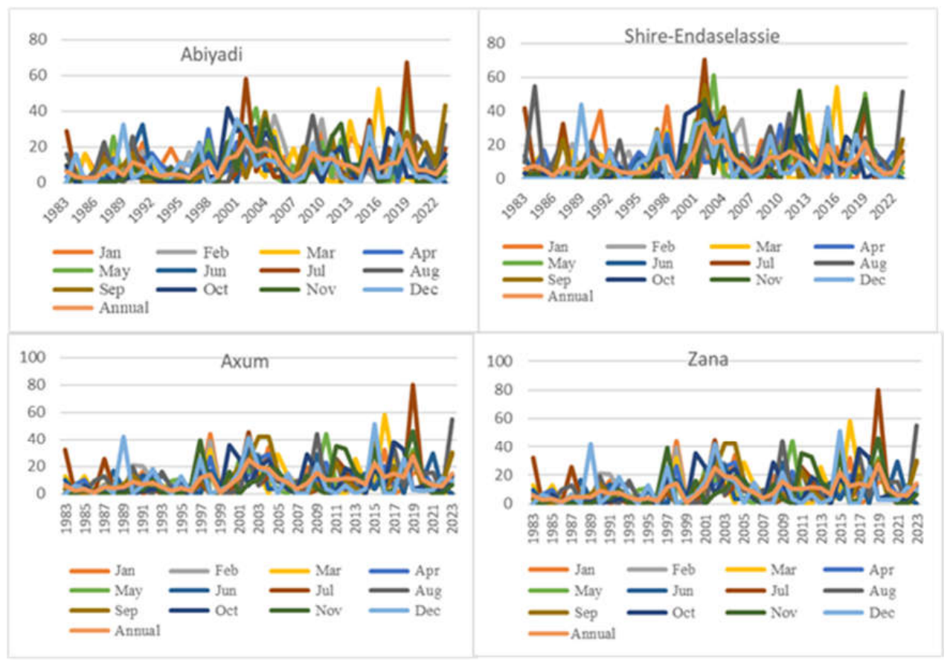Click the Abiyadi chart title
point(211,55)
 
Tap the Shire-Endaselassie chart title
point(702,36)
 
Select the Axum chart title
point(245,361)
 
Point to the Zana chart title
point(707,359)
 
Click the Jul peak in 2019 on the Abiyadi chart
point(407,62)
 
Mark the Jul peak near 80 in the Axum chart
point(413,385)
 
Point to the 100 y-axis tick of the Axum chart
point(33,357)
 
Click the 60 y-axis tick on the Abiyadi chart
point(38,75)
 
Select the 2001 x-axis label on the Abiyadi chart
point(226,211)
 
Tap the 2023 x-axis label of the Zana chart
point(917,528)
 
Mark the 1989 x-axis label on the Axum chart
point(123,519)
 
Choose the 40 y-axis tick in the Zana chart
point(504,447)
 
